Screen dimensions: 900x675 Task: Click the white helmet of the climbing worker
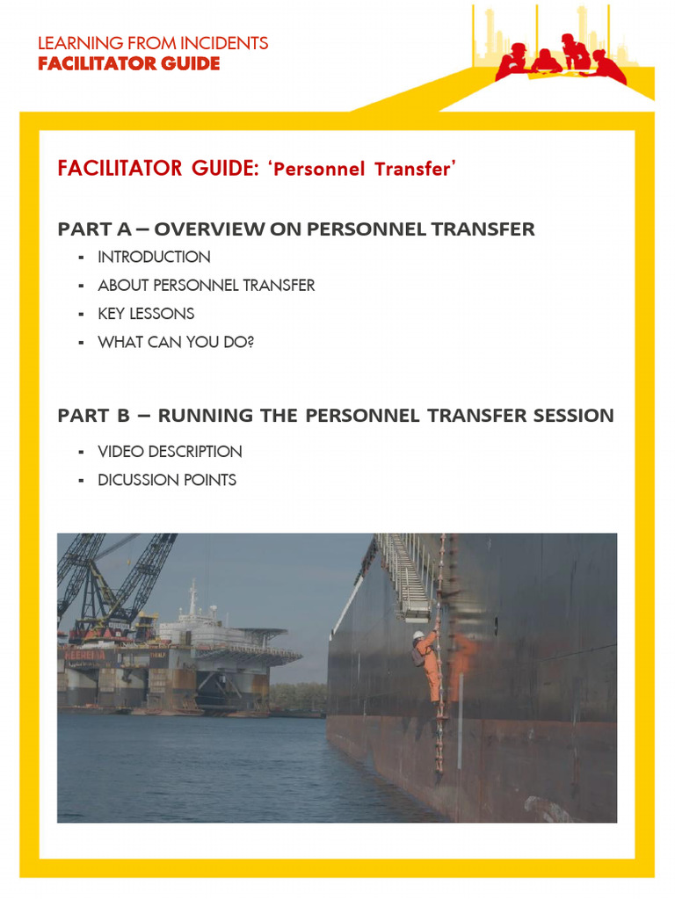click(x=419, y=635)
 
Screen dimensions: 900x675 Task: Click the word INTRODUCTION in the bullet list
click(x=154, y=257)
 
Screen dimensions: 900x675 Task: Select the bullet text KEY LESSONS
click(x=146, y=314)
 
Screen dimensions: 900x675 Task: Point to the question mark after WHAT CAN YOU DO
click(x=250, y=342)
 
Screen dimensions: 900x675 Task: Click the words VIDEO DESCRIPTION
click(x=170, y=452)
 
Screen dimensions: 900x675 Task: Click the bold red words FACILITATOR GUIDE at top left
click(x=128, y=63)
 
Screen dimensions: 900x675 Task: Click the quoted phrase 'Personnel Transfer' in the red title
click(x=364, y=169)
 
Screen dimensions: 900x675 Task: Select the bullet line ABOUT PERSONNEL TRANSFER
click(x=206, y=286)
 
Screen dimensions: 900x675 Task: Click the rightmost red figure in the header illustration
click(x=609, y=67)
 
